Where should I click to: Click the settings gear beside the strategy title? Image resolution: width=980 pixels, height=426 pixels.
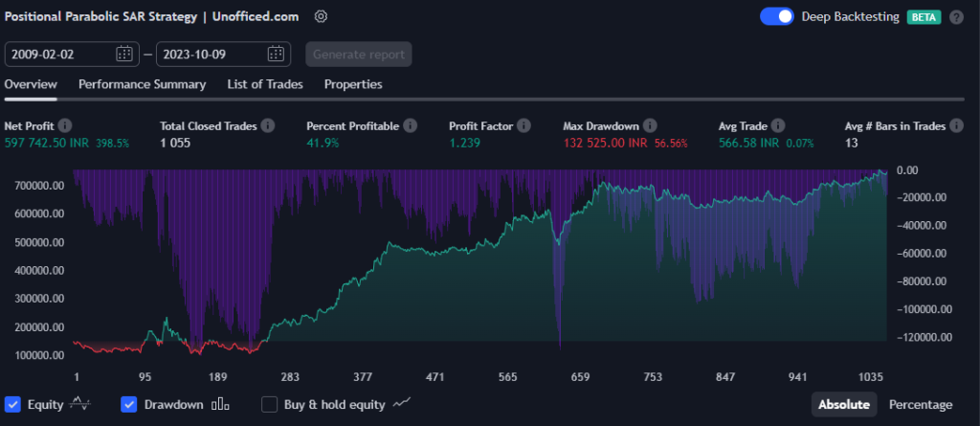[x=321, y=16]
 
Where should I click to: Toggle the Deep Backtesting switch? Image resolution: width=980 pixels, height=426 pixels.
[x=776, y=16]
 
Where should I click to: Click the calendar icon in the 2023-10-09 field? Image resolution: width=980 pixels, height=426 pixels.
[x=276, y=54]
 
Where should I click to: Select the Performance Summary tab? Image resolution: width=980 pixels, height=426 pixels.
[x=142, y=84]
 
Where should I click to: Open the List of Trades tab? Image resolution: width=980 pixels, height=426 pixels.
[x=265, y=84]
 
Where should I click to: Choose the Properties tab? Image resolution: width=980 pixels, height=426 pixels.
[x=353, y=84]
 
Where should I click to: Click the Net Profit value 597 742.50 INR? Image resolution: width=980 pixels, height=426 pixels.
[x=46, y=143]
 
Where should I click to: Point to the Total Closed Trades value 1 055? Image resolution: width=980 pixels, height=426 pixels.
[x=176, y=143]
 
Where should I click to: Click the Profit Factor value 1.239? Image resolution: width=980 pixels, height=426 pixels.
[x=464, y=143]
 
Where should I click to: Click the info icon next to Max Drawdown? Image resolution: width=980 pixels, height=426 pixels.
[x=650, y=125]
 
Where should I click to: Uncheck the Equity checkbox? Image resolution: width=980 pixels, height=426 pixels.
[x=13, y=404]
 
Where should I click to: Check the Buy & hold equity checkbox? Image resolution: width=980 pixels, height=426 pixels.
[x=270, y=404]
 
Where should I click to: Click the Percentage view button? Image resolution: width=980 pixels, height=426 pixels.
[x=921, y=404]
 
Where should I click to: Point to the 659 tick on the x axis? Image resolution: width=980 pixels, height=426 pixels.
[x=580, y=377]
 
